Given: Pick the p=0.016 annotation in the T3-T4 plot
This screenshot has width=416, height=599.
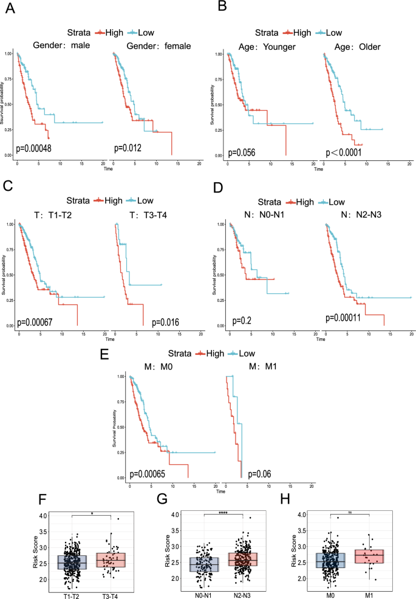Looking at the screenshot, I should (x=166, y=321).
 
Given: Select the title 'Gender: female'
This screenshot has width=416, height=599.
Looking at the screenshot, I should (x=155, y=46).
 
